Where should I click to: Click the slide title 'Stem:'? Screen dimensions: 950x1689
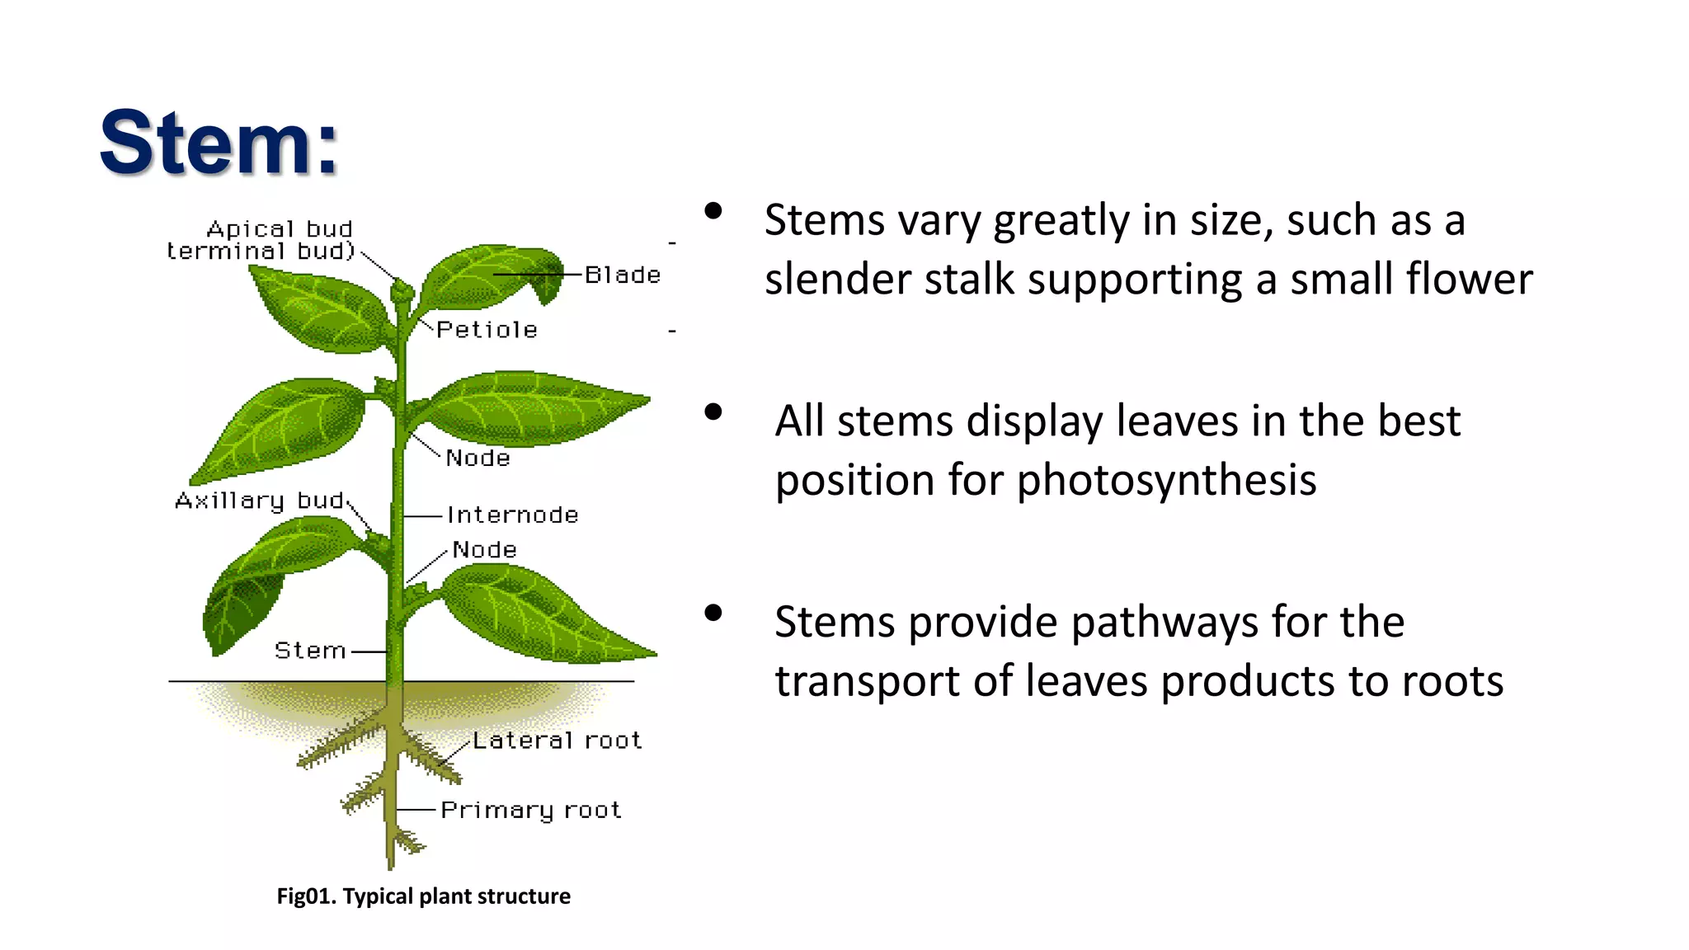[219, 143]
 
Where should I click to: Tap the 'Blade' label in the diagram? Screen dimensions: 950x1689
[623, 275]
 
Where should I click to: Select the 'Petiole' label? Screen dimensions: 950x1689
[487, 330]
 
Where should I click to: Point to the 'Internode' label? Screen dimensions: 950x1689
[512, 515]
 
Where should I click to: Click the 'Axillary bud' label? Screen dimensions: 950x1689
[259, 501]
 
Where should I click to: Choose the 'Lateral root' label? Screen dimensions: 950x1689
[557, 741]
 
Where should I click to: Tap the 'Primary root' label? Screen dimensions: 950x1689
[530, 810]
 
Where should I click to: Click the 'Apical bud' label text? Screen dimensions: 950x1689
[279, 228]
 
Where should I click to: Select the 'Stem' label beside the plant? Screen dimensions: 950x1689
[309, 651]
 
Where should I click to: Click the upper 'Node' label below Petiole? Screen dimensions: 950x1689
[478, 458]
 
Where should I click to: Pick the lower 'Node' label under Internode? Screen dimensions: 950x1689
[484, 549]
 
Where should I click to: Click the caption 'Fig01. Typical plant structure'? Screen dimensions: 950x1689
[423, 896]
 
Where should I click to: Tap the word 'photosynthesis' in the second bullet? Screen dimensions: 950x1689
[1166, 481]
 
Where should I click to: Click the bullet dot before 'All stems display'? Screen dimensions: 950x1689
[713, 412]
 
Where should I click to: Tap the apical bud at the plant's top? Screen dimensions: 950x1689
[402, 290]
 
